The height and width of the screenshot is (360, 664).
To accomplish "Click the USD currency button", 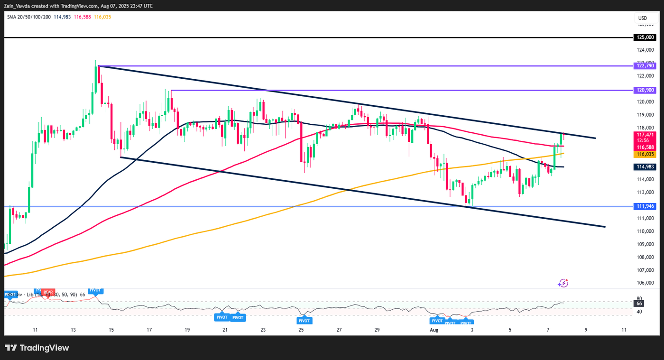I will click(643, 18).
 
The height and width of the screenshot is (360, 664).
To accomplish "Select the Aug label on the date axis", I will click(433, 329).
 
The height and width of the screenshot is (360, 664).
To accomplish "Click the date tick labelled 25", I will click(301, 329).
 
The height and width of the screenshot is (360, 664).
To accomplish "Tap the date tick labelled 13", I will click(73, 329).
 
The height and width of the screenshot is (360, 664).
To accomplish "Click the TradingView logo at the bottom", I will click(37, 348).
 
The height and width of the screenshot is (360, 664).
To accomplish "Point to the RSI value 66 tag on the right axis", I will click(639, 303).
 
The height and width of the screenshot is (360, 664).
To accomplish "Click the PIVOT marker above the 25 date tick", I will click(304, 321).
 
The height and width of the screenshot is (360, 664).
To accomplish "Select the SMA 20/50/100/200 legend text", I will click(28, 17).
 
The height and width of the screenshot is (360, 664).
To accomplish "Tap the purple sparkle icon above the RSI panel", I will click(563, 283).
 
